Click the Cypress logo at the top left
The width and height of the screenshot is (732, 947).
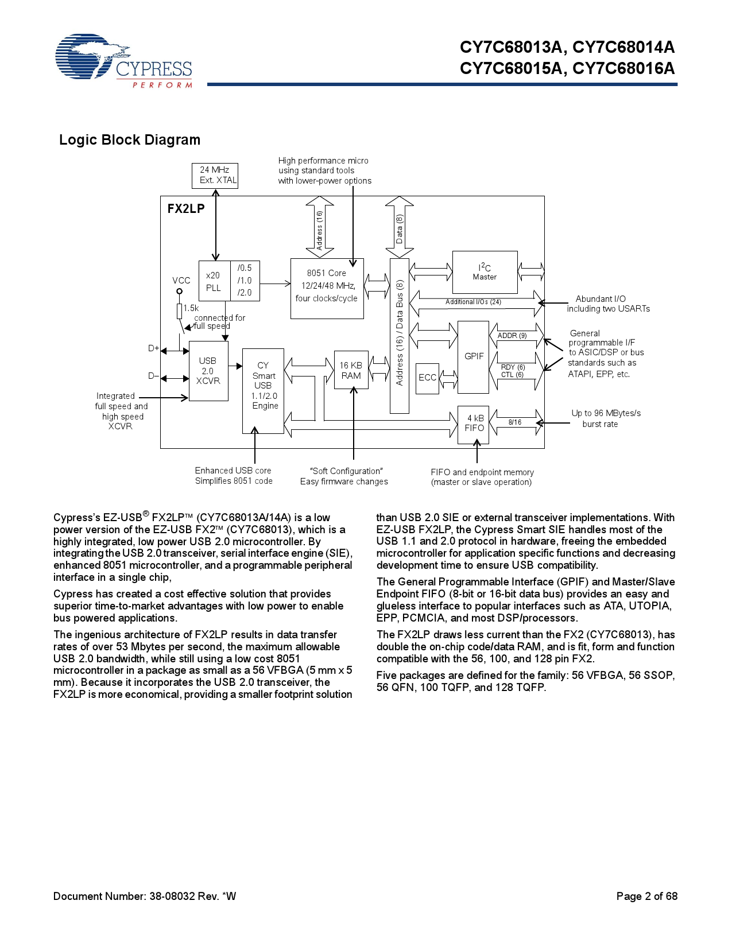coord(123,61)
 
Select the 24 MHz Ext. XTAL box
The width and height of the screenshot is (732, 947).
coord(215,176)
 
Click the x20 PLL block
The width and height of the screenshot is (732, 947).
coord(214,281)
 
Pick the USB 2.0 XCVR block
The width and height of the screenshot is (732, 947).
coord(208,371)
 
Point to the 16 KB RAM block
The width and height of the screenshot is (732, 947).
coord(351,370)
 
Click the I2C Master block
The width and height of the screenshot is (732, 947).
coord(485,272)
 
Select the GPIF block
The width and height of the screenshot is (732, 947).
coord(474,356)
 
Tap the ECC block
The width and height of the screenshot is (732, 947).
coord(427,378)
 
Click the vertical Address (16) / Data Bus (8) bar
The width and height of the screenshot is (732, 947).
coord(400,335)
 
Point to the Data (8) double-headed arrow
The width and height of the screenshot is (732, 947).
coord(400,227)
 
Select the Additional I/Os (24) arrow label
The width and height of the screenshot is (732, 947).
coord(474,302)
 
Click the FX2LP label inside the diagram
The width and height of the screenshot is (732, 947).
coord(186,209)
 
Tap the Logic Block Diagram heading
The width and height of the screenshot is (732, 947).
coord(130,140)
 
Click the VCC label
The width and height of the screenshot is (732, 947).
coord(181,281)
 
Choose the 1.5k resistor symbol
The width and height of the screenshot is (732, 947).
coord(180,311)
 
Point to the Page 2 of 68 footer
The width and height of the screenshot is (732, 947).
coord(646,896)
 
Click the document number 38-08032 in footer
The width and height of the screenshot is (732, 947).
coord(172,896)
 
